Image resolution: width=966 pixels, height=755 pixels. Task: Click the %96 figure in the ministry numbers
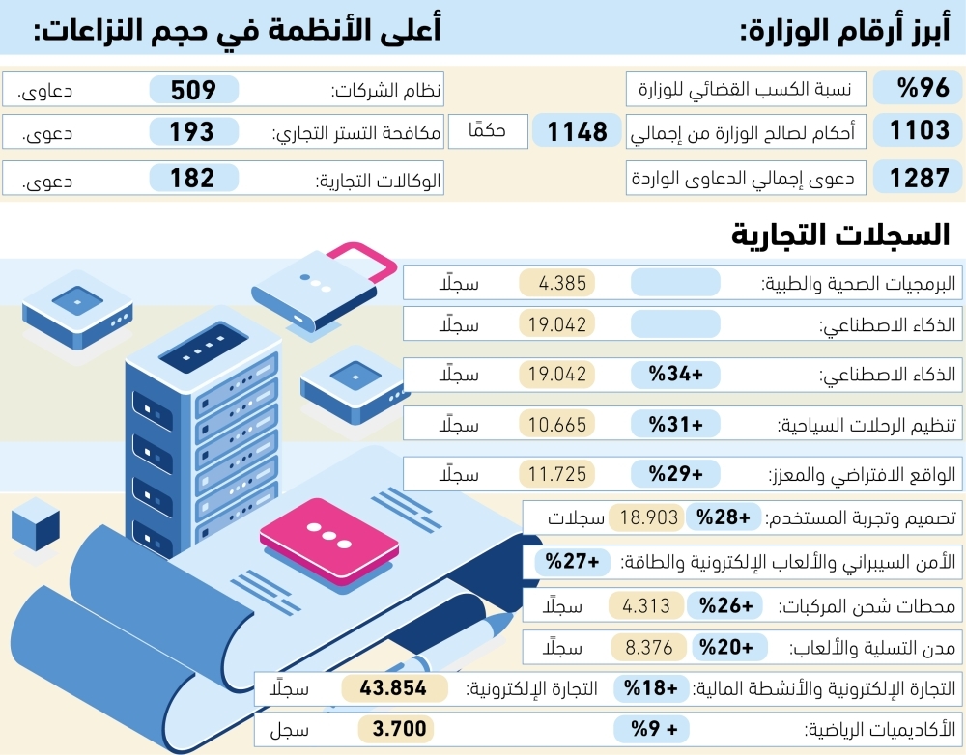click(x=923, y=89)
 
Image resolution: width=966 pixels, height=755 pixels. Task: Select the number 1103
click(x=920, y=130)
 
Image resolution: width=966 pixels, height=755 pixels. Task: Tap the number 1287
click(x=920, y=178)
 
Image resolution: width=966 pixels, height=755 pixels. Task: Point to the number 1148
click(x=578, y=131)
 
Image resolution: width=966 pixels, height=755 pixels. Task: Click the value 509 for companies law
click(x=193, y=90)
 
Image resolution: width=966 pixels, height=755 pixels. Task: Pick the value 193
click(x=191, y=131)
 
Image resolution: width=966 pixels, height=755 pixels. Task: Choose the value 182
click(x=192, y=178)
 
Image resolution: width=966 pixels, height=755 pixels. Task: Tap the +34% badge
click(x=676, y=374)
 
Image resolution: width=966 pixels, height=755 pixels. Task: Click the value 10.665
click(x=557, y=424)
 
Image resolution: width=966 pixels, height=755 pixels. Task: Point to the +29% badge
click(x=676, y=474)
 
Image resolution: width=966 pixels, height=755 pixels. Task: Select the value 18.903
click(x=649, y=517)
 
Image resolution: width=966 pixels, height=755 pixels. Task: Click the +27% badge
click(x=572, y=562)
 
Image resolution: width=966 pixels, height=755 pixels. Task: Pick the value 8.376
click(x=649, y=648)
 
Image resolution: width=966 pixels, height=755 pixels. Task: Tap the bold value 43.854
click(x=393, y=687)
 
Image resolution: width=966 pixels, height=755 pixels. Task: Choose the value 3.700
click(x=399, y=729)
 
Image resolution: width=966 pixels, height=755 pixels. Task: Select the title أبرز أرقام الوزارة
click(x=845, y=28)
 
